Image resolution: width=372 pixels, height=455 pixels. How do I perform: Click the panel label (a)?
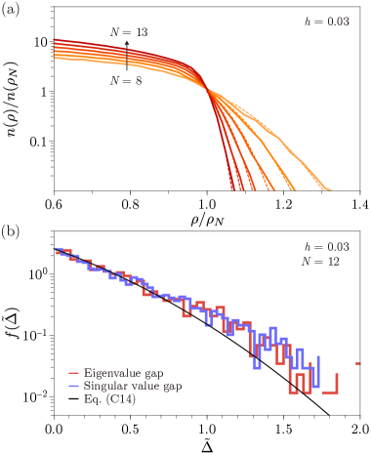tap(9, 12)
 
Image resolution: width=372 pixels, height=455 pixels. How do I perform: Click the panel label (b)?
tap(9, 231)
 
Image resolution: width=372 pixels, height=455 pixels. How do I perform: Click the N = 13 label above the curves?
tap(128, 33)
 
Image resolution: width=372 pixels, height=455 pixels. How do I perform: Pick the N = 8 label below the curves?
tap(127, 82)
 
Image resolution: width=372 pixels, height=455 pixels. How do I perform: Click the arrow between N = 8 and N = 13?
tap(127, 58)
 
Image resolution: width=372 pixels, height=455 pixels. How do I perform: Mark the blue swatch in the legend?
tap(73, 387)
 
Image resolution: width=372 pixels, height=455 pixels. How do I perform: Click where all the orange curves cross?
tap(207, 90)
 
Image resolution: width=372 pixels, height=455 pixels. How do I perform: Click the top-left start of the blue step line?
tap(56, 249)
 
